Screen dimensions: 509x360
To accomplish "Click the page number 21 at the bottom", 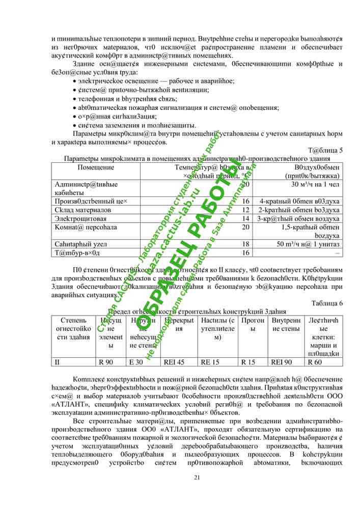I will pos(197,477).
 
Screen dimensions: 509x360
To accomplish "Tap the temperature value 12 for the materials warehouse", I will pos(245,210).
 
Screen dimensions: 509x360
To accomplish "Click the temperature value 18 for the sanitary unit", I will pos(245,244).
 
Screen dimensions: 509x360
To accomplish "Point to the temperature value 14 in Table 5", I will pos(245,218).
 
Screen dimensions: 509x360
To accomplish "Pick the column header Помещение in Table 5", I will pos(96,167).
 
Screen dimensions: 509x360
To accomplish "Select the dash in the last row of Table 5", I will pos(338,252).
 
